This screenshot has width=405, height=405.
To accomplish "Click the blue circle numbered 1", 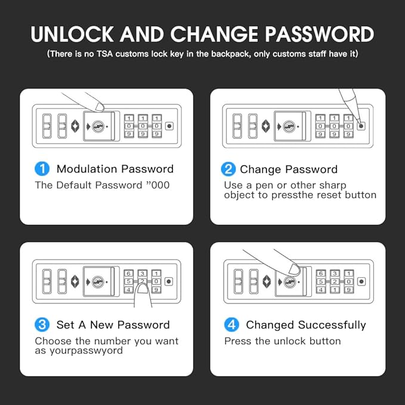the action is pyautogui.click(x=42, y=169).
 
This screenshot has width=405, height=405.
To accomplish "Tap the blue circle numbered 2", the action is pyautogui.click(x=228, y=169).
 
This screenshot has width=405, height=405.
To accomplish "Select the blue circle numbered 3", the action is pyautogui.click(x=42, y=324).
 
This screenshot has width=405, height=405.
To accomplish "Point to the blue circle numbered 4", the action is pyautogui.click(x=231, y=324).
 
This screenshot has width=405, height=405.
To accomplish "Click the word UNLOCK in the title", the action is pyautogui.click(x=72, y=34).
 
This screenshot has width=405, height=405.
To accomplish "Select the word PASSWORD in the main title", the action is pyautogui.click(x=320, y=34).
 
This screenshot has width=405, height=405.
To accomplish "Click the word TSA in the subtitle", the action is pyautogui.click(x=104, y=54).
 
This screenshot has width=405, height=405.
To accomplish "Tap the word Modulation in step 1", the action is pyautogui.click(x=87, y=169).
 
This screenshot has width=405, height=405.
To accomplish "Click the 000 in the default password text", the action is pyautogui.click(x=160, y=185).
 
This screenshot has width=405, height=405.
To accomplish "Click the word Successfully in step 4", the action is pyautogui.click(x=332, y=325).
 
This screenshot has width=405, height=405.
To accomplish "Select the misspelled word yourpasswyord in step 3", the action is pyautogui.click(x=86, y=351).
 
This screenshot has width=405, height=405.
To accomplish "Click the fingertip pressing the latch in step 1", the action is pyautogui.click(x=99, y=107).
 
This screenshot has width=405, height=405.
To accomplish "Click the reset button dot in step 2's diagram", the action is pyautogui.click(x=361, y=126).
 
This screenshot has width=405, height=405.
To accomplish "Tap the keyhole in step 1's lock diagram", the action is pyautogui.click(x=98, y=126).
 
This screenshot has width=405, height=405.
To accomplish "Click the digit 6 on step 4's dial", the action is pyautogui.click(x=321, y=273).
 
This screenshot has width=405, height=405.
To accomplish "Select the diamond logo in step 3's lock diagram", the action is pyautogui.click(x=75, y=282).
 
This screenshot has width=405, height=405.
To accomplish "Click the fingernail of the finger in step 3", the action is pyautogui.click(x=143, y=289).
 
